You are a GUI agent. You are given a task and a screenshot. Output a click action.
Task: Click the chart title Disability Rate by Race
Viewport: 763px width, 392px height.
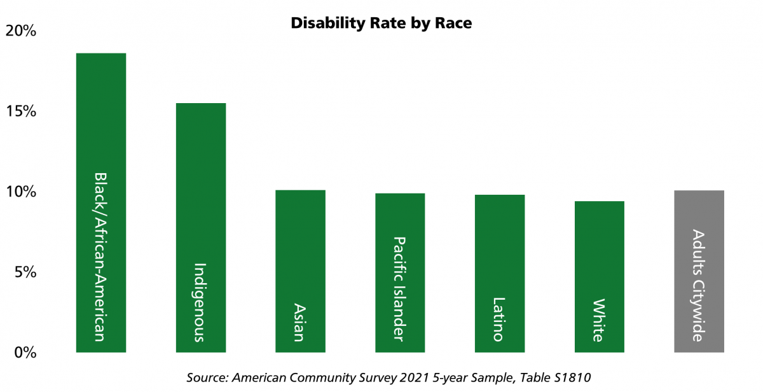pyautogui.click(x=381, y=24)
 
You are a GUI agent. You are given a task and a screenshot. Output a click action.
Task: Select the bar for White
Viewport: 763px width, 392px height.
pyautogui.click(x=600, y=255)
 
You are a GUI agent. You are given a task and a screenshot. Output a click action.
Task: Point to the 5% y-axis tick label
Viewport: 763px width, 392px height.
pyautogui.click(x=24, y=272)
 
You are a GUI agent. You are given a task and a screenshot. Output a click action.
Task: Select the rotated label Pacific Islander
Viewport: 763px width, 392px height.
pyautogui.click(x=399, y=289)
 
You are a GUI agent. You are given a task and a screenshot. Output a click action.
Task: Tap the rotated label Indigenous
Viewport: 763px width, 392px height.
pyautogui.click(x=200, y=302)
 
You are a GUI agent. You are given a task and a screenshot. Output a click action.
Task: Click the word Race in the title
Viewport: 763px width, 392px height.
pyautogui.click(x=453, y=24)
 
